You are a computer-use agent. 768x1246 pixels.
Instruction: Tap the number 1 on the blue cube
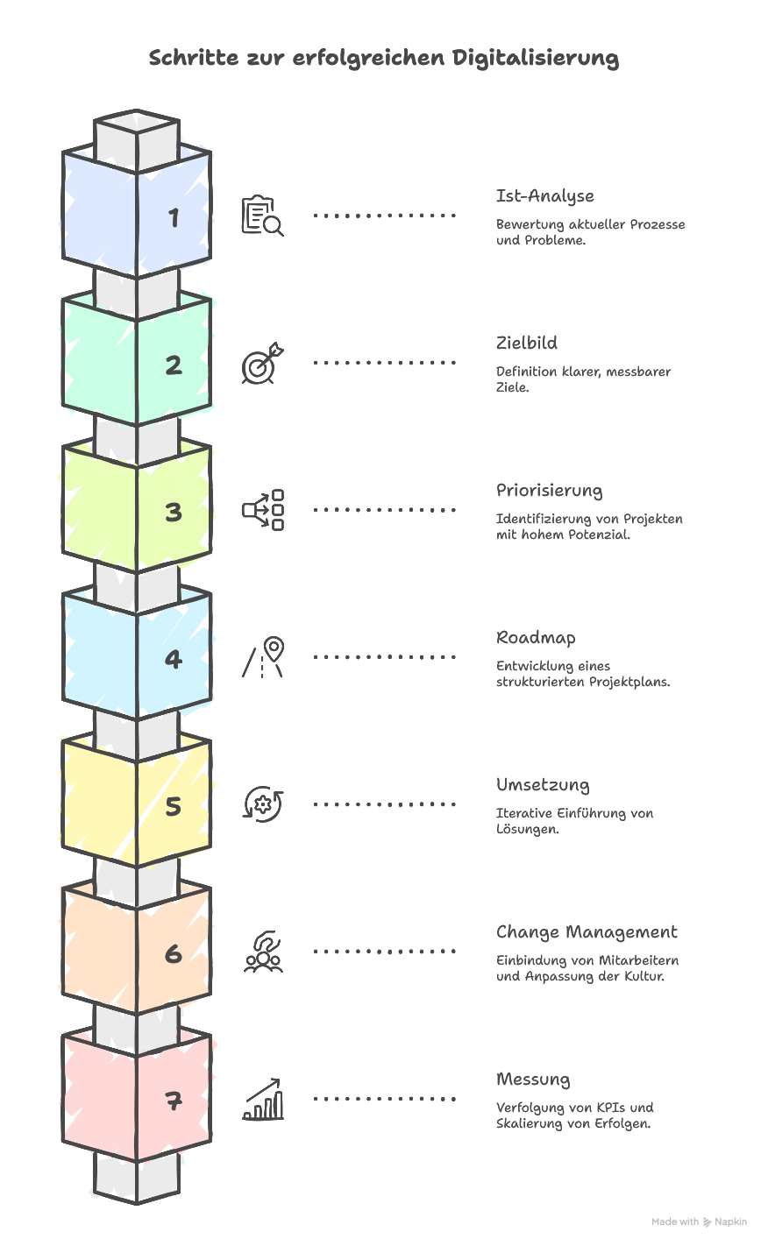(174, 217)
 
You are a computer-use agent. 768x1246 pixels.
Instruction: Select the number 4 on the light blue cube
(174, 659)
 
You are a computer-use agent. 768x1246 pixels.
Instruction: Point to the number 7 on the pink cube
(174, 1100)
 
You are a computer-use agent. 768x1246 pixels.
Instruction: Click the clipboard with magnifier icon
(262, 216)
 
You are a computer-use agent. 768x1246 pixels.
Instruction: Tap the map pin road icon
(263, 657)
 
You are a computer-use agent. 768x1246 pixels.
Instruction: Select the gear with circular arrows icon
(262, 804)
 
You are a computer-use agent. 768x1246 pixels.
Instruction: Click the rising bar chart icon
(262, 1100)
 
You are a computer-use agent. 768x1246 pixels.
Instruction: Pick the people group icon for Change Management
(262, 952)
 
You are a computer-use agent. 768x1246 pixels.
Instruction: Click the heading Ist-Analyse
(544, 196)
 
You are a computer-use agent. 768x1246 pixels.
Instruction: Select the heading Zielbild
(526, 343)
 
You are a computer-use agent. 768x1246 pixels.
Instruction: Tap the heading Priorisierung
(549, 491)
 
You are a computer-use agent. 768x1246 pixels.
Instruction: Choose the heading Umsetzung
(543, 785)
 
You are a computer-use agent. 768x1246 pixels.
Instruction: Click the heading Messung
(533, 1080)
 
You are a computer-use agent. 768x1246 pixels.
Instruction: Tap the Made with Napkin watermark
(699, 1221)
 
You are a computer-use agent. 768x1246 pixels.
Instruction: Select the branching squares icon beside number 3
(262, 510)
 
